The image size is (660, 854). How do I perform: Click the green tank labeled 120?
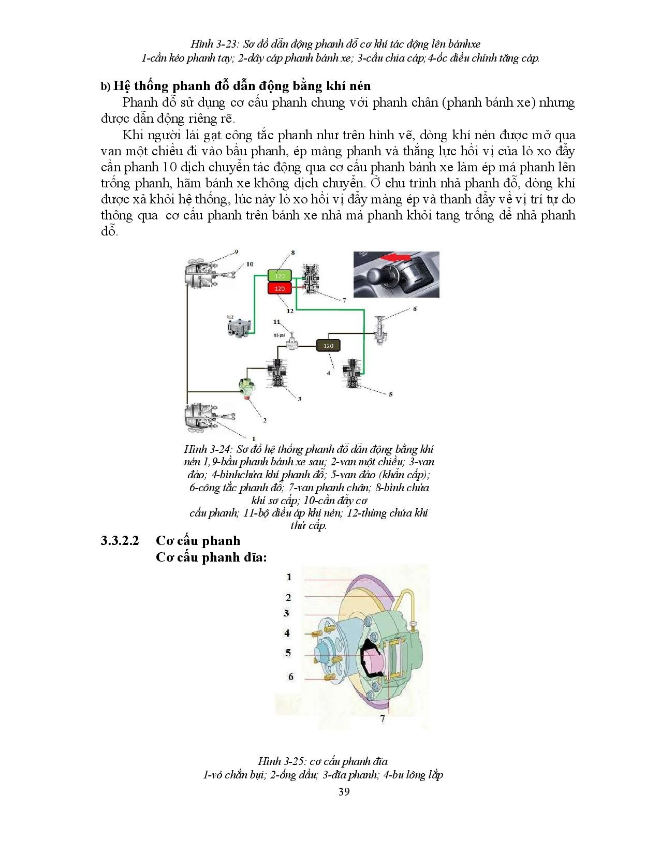pos(280,276)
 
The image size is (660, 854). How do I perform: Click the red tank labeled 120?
pos(280,289)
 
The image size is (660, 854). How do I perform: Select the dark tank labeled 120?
pos(328,346)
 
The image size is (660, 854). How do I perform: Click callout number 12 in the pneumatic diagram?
pos(290,311)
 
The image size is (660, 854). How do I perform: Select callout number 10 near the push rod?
pos(250,264)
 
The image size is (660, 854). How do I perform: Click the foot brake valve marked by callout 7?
pos(312,280)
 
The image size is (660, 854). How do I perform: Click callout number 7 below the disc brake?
pos(383,719)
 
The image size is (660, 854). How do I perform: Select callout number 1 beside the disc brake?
pos(289,577)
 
